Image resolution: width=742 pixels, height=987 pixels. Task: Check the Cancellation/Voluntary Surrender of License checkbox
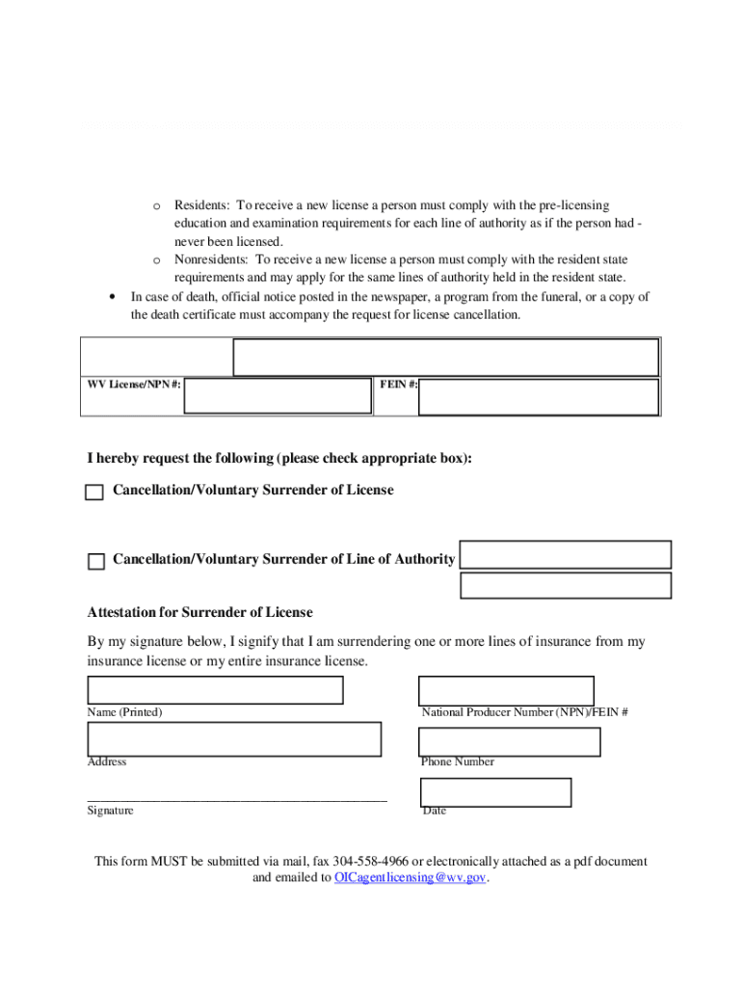[94, 493]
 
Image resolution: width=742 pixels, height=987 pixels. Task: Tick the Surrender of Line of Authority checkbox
[96, 562]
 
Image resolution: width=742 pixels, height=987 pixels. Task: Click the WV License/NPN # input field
[278, 395]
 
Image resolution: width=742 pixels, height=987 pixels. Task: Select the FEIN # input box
[539, 396]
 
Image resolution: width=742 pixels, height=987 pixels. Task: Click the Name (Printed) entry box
[215, 690]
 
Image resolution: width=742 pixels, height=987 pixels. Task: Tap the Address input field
[234, 739]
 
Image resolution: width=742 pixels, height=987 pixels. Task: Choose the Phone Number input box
[509, 742]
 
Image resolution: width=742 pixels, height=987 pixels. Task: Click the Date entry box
[495, 792]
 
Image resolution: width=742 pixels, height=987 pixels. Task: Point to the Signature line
[237, 799]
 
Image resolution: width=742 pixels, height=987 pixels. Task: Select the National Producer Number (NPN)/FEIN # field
[506, 691]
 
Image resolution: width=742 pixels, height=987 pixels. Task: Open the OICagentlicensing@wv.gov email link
[411, 878]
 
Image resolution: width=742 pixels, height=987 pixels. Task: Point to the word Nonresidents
[211, 259]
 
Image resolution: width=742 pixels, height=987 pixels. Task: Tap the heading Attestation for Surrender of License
[200, 612]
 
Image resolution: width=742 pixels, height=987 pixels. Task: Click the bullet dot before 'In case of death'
[114, 297]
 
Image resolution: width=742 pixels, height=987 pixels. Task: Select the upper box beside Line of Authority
[566, 554]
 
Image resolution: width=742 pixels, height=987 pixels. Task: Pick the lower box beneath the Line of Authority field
[566, 585]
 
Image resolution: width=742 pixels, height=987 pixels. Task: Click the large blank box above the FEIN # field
[446, 357]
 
